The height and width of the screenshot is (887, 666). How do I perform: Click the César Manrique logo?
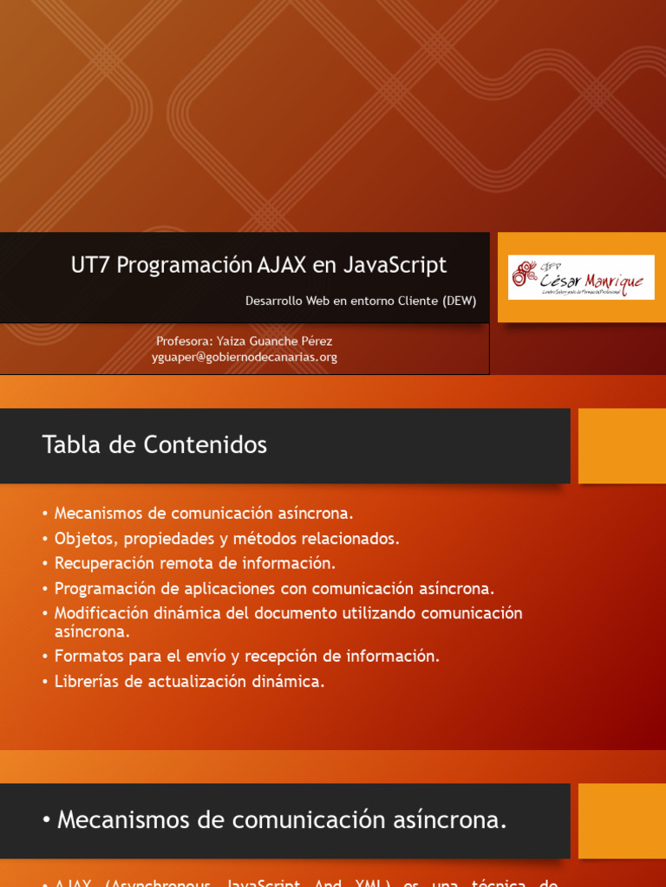pyautogui.click(x=580, y=276)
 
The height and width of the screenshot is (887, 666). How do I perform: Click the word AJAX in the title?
pyautogui.click(x=283, y=265)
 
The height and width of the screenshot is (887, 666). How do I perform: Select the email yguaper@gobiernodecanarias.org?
pyautogui.click(x=245, y=357)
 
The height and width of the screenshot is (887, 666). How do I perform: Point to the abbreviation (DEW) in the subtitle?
pyautogui.click(x=460, y=301)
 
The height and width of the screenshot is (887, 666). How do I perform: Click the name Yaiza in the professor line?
pyautogui.click(x=232, y=341)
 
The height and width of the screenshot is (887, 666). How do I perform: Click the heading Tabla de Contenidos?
pyautogui.click(x=154, y=445)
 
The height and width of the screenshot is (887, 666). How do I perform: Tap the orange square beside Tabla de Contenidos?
pyautogui.click(x=621, y=445)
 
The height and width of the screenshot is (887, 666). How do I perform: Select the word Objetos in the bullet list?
pyautogui.click(x=85, y=539)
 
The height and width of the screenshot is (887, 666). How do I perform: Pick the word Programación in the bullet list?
pyautogui.click(x=107, y=589)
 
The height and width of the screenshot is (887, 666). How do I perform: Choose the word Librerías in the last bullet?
pyautogui.click(x=87, y=682)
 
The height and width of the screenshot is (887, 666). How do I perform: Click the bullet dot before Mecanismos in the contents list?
pyautogui.click(x=44, y=515)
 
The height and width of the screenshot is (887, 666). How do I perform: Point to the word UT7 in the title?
pyautogui.click(x=91, y=265)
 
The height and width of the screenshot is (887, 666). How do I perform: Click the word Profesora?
pyautogui.click(x=184, y=341)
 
